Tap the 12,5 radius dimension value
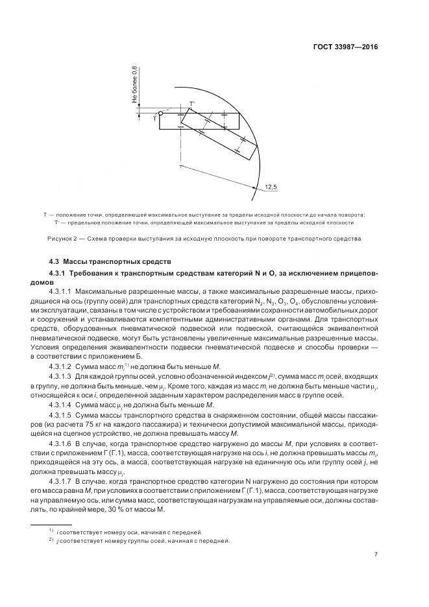click(x=270, y=187)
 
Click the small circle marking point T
click(x=160, y=113)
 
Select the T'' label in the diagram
click(x=191, y=104)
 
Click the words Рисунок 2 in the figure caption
click(x=62, y=239)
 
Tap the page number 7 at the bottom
click(x=376, y=554)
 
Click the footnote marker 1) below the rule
click(x=51, y=531)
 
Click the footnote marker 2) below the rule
click(x=51, y=540)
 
